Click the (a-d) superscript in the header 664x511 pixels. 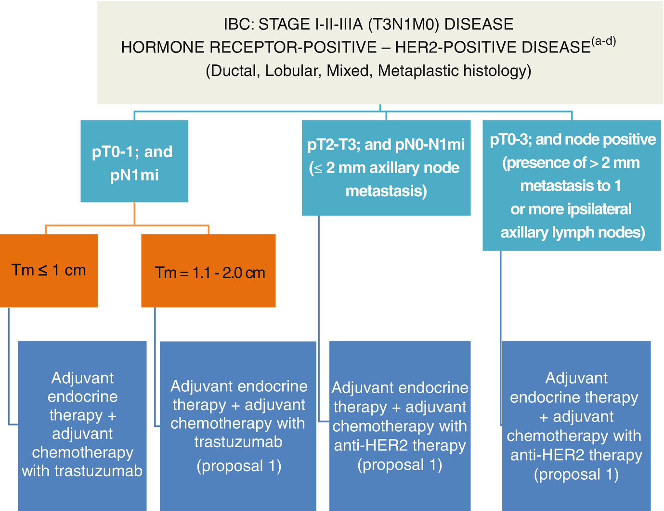[x=603, y=41]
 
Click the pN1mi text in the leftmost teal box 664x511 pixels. [x=134, y=175]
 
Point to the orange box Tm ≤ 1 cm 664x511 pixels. [x=49, y=271]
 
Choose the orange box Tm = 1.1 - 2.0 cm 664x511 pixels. [x=208, y=271]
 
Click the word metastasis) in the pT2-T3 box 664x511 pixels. [x=386, y=191]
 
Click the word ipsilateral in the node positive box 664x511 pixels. [x=599, y=209]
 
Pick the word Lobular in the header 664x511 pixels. [x=293, y=71]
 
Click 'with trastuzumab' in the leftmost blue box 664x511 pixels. [x=82, y=471]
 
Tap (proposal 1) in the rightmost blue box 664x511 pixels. [x=576, y=474]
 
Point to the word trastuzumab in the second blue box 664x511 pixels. [x=238, y=442]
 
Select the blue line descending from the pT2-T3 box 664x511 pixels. [x=319, y=319]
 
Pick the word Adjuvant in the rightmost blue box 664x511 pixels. [x=576, y=378]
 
